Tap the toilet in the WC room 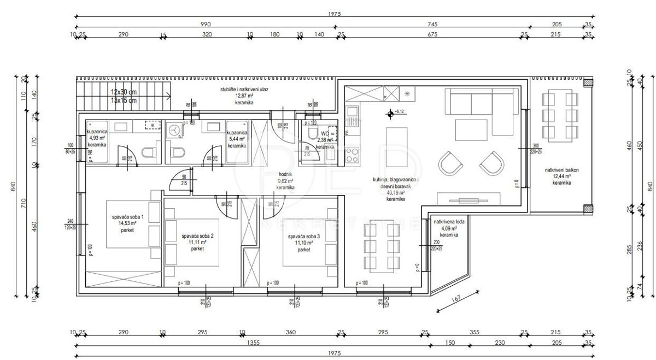(312, 135)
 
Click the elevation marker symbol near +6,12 (390, 114)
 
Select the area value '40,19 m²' (395, 193)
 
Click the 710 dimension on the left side (24, 204)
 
